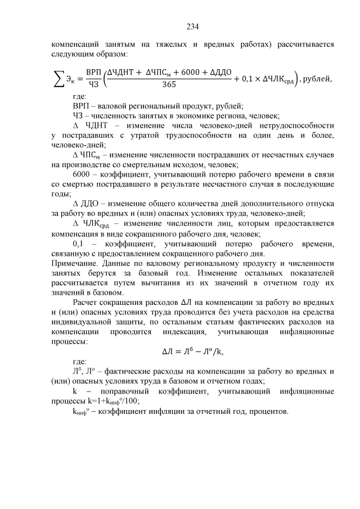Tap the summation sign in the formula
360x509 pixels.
coord(58,80)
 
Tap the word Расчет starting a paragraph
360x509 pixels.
coord(86,302)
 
